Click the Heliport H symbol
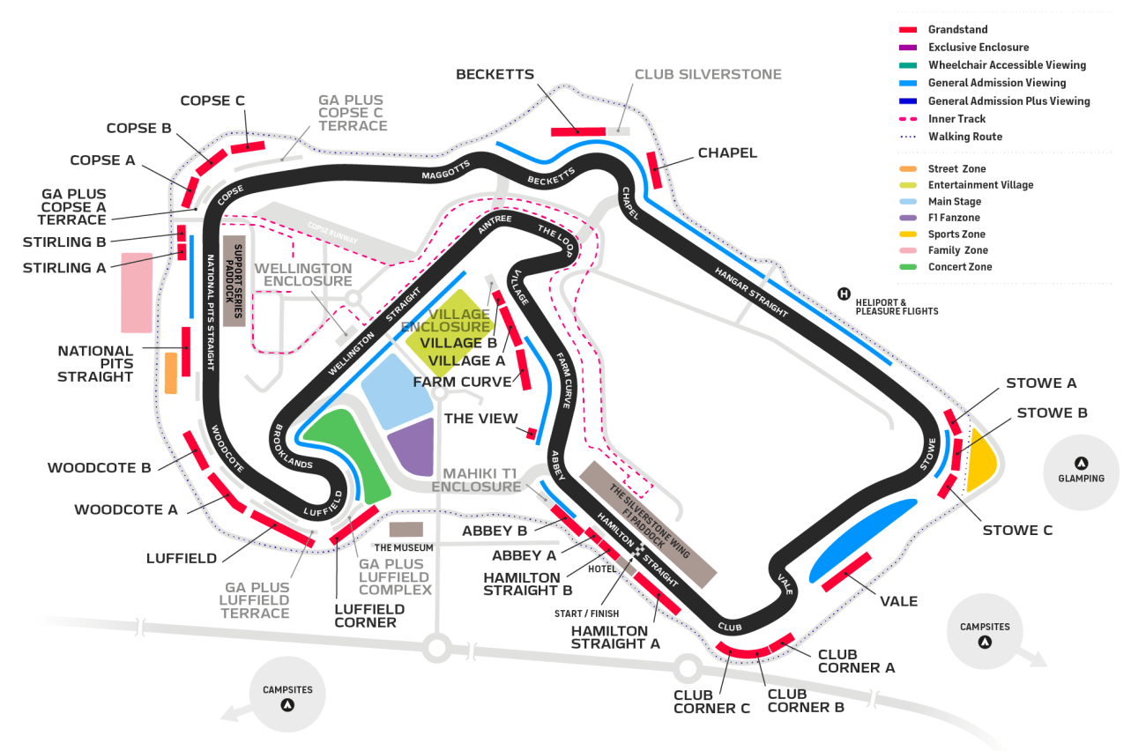[844, 294]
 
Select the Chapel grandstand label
[727, 152]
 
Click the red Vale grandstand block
[846, 572]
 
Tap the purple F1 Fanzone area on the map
[413, 447]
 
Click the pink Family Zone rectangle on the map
[136, 292]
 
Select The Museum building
[406, 530]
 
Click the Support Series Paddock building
[234, 280]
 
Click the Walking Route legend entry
[964, 137]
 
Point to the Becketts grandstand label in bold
[495, 74]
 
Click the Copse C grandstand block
[248, 146]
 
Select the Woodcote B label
[100, 467]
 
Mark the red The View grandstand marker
[532, 433]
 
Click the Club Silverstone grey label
[708, 74]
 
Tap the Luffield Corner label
[369, 615]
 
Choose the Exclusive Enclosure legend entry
[978, 47]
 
